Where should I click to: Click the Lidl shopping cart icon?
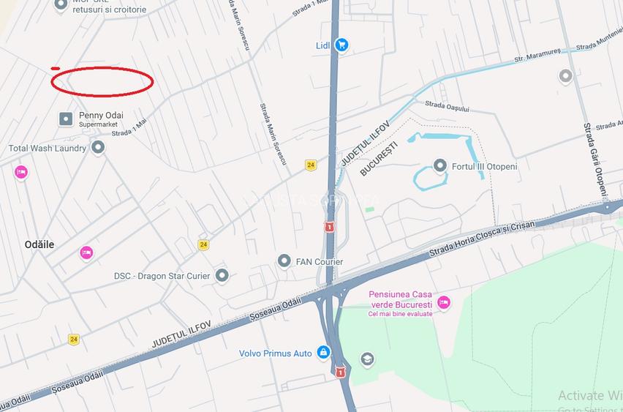[x=341, y=45]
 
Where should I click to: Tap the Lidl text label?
[x=323, y=45]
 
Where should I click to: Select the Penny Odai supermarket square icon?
[x=66, y=119]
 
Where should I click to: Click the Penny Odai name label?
[x=101, y=115]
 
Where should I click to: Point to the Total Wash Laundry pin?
[x=98, y=148]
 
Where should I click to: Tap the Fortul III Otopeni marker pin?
[x=439, y=166]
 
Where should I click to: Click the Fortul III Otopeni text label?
[x=485, y=166]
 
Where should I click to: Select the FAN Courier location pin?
[x=284, y=261]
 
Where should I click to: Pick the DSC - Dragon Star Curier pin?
[x=222, y=276]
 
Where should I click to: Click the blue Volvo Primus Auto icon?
[x=323, y=353]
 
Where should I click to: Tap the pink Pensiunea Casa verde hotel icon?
[x=443, y=302]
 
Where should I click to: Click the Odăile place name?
[x=39, y=244]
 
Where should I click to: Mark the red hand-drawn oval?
[x=102, y=81]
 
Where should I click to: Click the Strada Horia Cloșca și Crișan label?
[x=482, y=238]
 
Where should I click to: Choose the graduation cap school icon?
[x=366, y=359]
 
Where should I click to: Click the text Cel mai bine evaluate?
[x=400, y=313]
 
